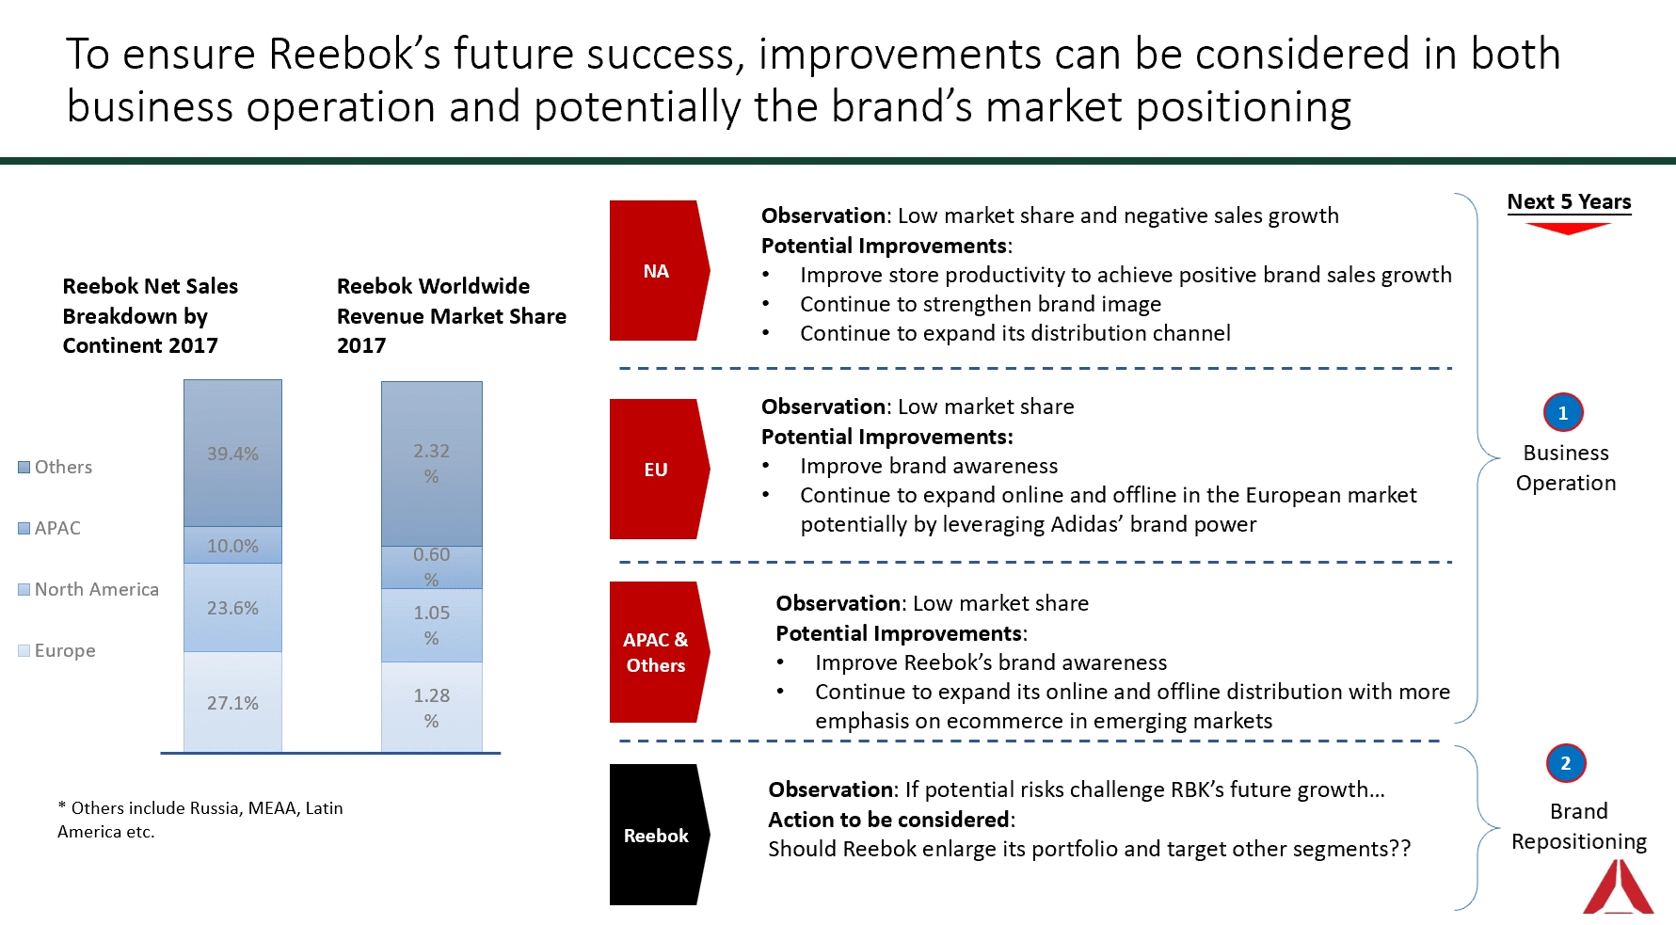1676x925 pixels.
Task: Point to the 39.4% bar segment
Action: pos(232,453)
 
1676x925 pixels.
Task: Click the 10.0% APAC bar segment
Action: pos(232,545)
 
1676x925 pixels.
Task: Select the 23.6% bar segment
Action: pos(232,608)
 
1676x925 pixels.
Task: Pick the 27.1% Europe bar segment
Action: pos(232,702)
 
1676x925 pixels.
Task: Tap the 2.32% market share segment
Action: pos(432,464)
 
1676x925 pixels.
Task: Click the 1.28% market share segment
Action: pos(432,708)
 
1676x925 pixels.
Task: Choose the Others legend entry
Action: pos(56,467)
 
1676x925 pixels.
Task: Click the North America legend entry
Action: pos(88,589)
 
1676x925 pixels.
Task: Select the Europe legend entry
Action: pos(56,650)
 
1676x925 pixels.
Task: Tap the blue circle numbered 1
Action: pos(1563,412)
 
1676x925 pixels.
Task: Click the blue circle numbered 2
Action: pos(1566,763)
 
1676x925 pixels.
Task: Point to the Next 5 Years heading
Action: pos(1569,201)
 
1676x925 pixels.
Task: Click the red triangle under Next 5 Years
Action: pos(1569,228)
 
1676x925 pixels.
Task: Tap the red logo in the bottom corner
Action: pos(1618,886)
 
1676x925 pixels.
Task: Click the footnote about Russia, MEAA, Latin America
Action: pos(200,820)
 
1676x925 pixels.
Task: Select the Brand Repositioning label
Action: pos(1579,826)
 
